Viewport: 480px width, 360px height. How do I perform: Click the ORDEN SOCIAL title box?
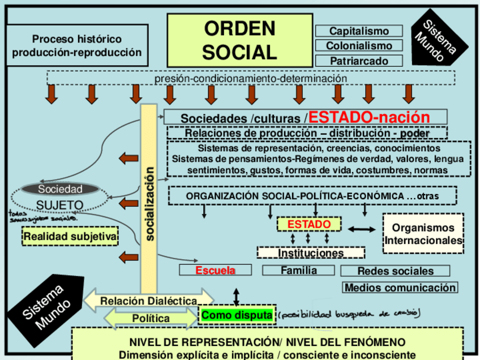tap(239, 39)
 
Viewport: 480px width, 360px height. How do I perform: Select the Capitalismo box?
tap(359, 31)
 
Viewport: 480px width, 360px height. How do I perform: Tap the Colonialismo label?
tap(359, 46)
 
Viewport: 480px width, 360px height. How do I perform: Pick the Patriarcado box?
tap(359, 61)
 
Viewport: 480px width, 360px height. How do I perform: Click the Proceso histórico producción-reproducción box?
tap(77, 46)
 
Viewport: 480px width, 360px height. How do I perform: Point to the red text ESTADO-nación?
tap(369, 117)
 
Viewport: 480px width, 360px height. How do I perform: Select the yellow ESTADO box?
tap(308, 225)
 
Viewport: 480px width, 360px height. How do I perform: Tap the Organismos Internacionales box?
tap(423, 234)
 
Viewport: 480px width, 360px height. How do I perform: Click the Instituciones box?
tap(311, 253)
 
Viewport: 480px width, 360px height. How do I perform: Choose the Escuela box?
tap(215, 271)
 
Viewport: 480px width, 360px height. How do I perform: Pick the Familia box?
tap(299, 271)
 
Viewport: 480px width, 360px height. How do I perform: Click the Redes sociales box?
tap(395, 271)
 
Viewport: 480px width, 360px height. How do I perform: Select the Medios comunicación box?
tap(400, 288)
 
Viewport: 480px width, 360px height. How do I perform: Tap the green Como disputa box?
tap(237, 315)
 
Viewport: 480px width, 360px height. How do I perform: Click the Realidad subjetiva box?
tap(70, 236)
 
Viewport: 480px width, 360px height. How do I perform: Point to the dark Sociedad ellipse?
tap(60, 189)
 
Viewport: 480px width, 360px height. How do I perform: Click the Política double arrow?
tap(151, 319)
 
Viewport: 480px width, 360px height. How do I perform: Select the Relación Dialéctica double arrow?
tap(149, 300)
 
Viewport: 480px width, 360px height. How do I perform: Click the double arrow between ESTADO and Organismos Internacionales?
tap(361, 229)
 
